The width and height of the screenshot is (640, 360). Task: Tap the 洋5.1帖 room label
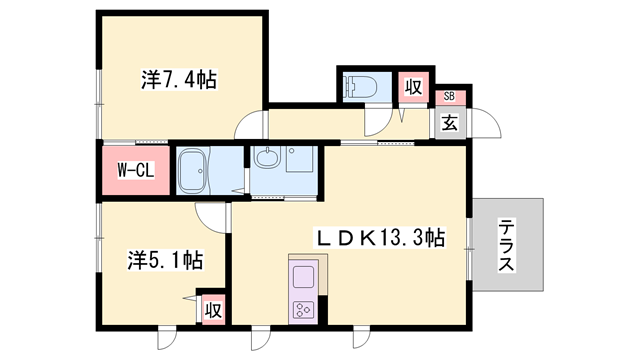165,260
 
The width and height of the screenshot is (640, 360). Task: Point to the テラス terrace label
507,245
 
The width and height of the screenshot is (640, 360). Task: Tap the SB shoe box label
449,97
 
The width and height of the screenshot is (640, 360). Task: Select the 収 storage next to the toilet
413,87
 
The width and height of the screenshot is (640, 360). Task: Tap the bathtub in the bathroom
203,172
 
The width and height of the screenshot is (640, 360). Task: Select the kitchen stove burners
304,309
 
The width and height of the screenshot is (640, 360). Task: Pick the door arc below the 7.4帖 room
250,126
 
